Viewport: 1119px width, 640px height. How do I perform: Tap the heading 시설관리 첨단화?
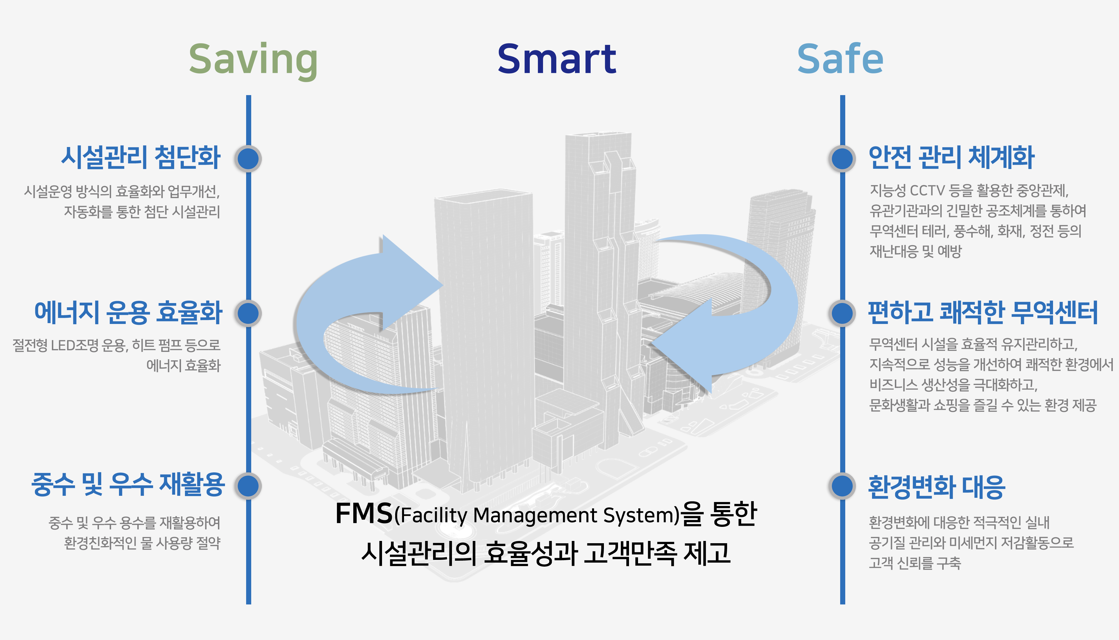140,157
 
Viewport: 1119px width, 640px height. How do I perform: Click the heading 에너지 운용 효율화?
128,313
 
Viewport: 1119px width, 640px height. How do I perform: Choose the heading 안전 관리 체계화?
951,157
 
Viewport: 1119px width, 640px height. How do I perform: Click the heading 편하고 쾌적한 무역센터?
983,313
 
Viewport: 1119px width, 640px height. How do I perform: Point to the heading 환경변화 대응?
936,487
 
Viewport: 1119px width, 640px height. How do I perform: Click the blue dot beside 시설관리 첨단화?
249,158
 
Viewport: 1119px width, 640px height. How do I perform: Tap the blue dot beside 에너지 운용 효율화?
249,314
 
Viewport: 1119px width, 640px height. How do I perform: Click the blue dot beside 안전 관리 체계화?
842,158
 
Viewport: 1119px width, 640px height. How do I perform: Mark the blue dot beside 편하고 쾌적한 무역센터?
842,314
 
